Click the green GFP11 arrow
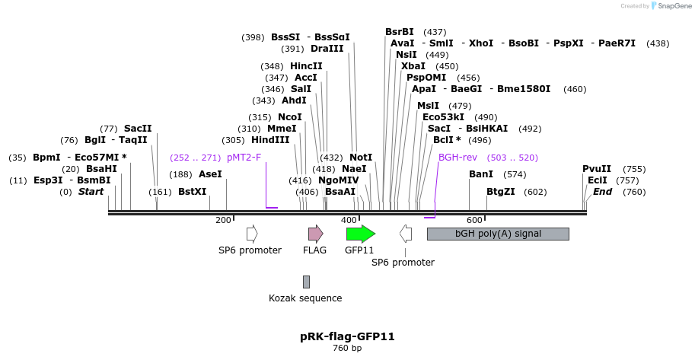click(360, 234)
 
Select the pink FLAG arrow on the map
click(315, 234)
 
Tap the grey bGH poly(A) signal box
click(498, 234)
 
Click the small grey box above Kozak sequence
click(306, 282)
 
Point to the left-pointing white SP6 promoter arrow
click(406, 234)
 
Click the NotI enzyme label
click(361, 157)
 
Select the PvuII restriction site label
click(597, 169)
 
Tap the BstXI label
click(193, 192)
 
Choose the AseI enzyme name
click(210, 174)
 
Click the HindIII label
click(270, 140)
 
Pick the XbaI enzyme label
click(413, 66)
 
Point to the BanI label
click(481, 174)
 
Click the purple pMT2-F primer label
click(244, 158)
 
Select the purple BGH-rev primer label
click(457, 158)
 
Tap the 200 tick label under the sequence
click(223, 220)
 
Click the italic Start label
click(91, 192)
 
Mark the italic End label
click(602, 192)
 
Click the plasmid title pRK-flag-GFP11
click(347, 336)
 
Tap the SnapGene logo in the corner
click(670, 5)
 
